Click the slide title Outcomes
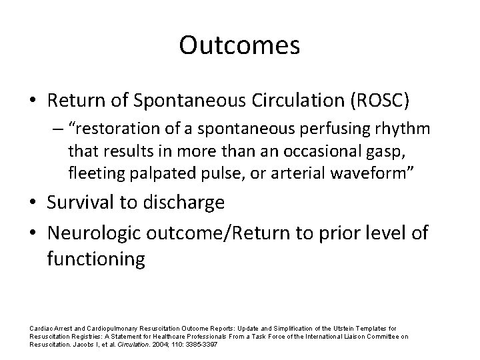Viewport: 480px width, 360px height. click(239, 45)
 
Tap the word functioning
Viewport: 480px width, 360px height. click(95, 258)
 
